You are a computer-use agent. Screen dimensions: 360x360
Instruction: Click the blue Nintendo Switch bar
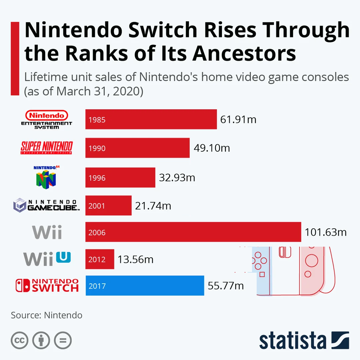click(145, 285)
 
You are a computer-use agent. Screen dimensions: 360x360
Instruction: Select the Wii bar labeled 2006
click(193, 232)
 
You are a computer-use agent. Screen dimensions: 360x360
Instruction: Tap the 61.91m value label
click(238, 119)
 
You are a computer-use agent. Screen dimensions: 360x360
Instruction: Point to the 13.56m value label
click(135, 259)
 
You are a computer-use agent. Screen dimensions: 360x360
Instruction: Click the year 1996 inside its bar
click(97, 178)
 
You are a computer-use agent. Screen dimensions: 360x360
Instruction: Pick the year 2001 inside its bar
click(97, 206)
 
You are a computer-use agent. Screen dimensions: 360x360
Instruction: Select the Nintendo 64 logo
click(46, 177)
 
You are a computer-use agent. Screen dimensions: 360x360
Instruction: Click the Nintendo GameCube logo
click(46, 205)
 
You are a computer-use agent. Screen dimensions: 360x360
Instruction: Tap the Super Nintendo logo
click(47, 148)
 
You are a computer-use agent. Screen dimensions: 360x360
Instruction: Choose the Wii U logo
click(47, 259)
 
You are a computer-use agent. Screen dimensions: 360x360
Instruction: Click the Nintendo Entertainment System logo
click(47, 120)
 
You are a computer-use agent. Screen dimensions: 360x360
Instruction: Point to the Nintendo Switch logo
click(47, 285)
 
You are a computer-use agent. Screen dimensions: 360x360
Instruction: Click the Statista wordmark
click(304, 340)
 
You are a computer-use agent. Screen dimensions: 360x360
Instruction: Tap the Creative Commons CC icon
click(20, 340)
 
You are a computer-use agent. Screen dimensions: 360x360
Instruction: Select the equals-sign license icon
click(63, 340)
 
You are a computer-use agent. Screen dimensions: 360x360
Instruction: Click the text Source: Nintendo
click(47, 315)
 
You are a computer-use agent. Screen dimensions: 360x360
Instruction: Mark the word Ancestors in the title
click(244, 53)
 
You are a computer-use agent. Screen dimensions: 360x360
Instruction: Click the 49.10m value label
click(212, 148)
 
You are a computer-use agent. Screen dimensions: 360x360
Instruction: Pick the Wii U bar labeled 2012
click(100, 259)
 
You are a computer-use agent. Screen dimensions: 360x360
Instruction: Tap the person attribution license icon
click(41, 340)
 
